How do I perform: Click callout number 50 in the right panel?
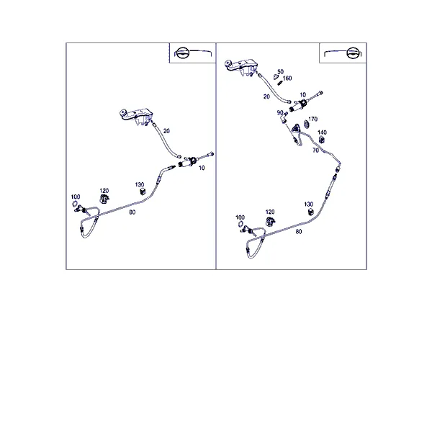tap(280, 71)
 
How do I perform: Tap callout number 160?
tap(287, 78)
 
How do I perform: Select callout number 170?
tap(312, 119)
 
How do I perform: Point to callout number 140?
tap(322, 132)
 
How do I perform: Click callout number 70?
tap(316, 150)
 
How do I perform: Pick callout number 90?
tap(280, 113)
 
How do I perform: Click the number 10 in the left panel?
tap(202, 168)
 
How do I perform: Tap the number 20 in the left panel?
tap(166, 131)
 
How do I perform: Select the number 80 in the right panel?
tap(299, 232)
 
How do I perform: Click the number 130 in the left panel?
tap(140, 184)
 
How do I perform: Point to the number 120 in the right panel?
tap(270, 212)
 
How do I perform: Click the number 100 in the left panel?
tap(76, 197)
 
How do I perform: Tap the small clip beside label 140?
tap(322, 140)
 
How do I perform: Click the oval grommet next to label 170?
tap(306, 124)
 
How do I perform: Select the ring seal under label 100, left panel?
tap(74, 204)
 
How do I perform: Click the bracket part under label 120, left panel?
tap(104, 199)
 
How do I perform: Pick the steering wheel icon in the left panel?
tap(182, 53)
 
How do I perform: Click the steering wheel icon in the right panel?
tap(354, 53)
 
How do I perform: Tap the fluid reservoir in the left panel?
tap(137, 116)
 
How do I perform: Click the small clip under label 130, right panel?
tap(311, 212)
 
